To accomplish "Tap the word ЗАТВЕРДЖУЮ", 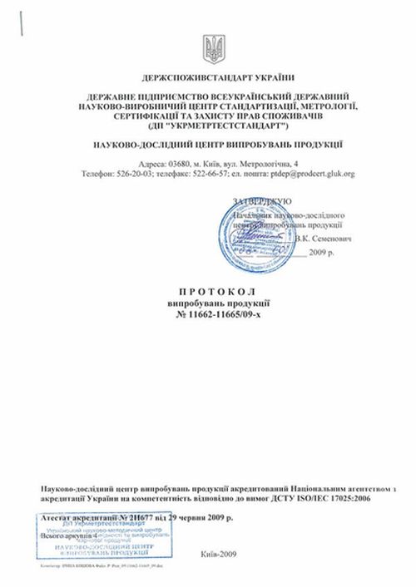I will (261, 201).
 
